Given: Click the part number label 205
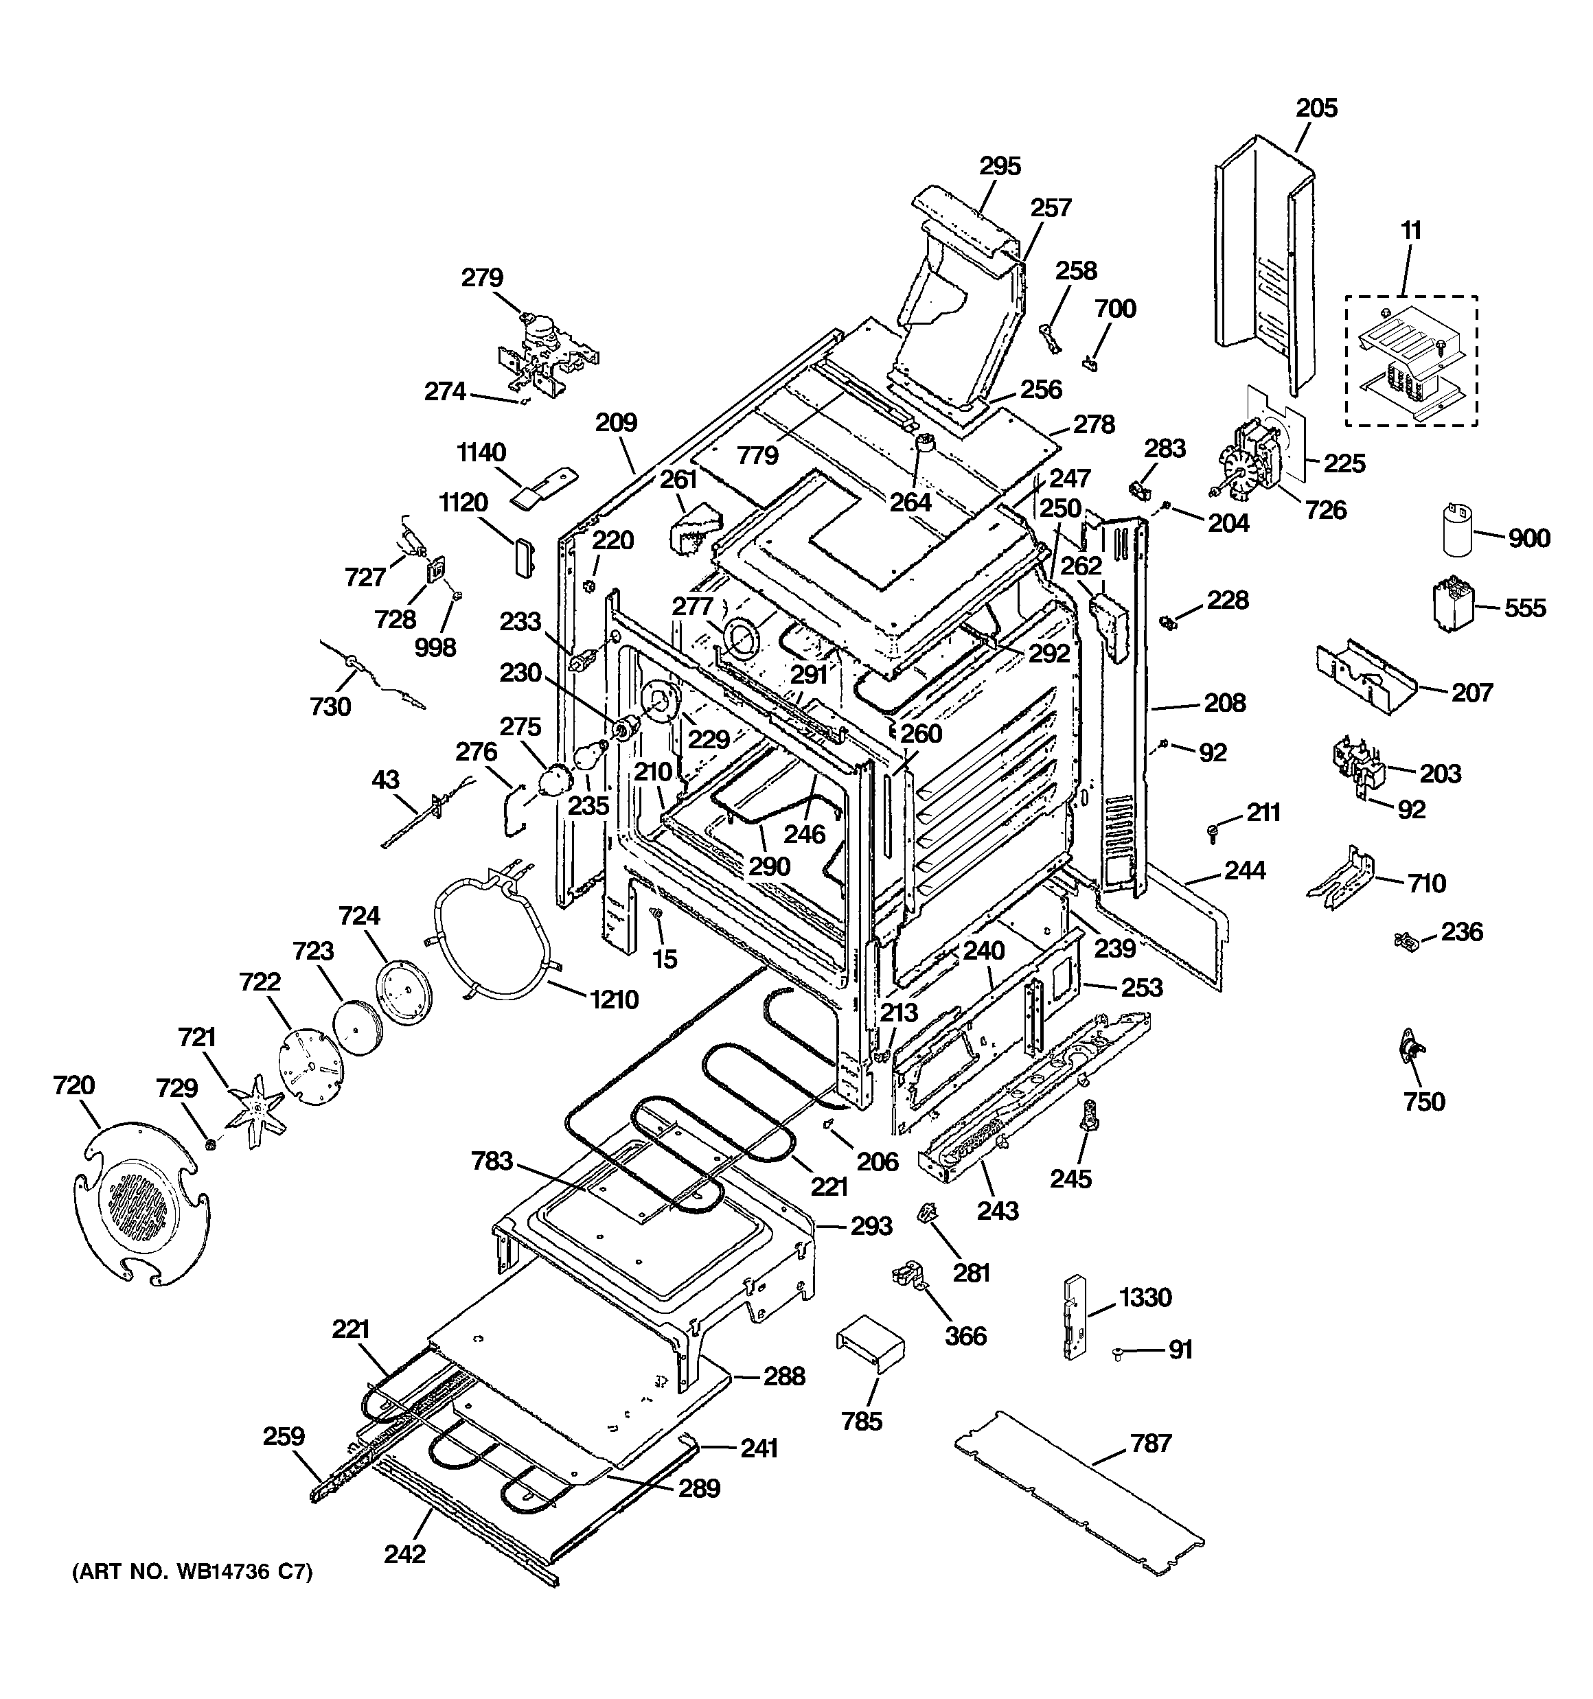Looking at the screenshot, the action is click(x=1316, y=108).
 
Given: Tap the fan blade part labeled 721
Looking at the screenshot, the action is click(x=253, y=1111).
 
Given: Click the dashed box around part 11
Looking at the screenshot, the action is click(x=1412, y=360).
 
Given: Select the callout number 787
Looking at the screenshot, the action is click(x=1150, y=1444).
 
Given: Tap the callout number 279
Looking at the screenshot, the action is click(x=482, y=278).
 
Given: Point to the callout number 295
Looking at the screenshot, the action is click(x=1000, y=166).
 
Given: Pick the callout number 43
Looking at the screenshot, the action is click(x=386, y=779).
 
